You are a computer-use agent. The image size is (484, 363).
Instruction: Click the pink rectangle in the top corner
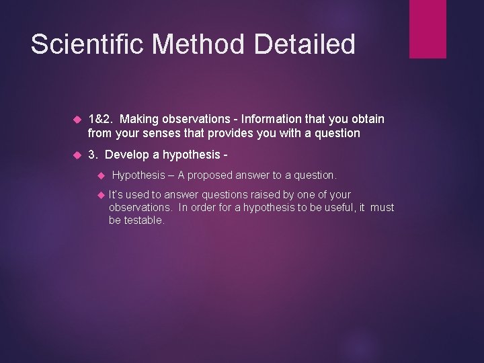[428, 28]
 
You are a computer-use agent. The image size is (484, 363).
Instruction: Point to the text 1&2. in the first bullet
[101, 119]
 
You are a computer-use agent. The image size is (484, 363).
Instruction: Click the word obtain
[367, 119]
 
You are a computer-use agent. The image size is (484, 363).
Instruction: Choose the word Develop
[127, 155]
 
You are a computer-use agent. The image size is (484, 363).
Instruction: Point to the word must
[382, 208]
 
